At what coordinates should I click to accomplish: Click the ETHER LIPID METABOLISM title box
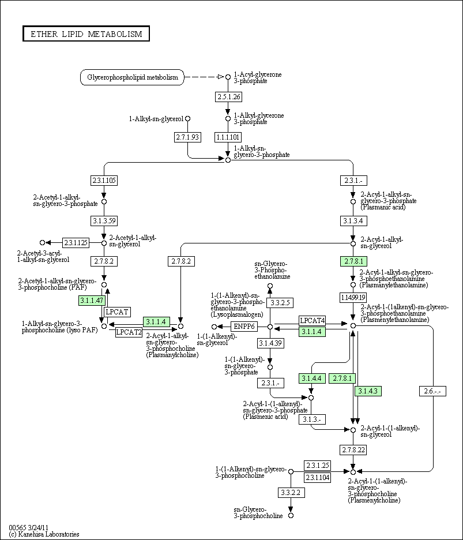86,34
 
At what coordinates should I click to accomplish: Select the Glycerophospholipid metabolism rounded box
132,77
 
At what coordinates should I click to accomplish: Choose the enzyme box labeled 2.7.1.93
187,137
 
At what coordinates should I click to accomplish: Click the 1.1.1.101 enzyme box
228,137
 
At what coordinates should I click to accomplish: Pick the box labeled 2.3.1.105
104,181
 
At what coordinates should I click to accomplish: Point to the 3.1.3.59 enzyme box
104,220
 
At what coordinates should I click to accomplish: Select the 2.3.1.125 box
76,243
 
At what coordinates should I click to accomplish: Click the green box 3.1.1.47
92,300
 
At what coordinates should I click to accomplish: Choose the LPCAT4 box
313,320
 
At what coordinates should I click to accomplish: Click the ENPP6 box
243,327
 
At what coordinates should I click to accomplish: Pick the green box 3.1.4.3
367,391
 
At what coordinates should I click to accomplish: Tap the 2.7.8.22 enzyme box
353,449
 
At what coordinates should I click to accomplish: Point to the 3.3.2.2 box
291,492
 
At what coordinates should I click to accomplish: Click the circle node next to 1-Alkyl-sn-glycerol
187,119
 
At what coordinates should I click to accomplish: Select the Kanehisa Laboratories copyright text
44,534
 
